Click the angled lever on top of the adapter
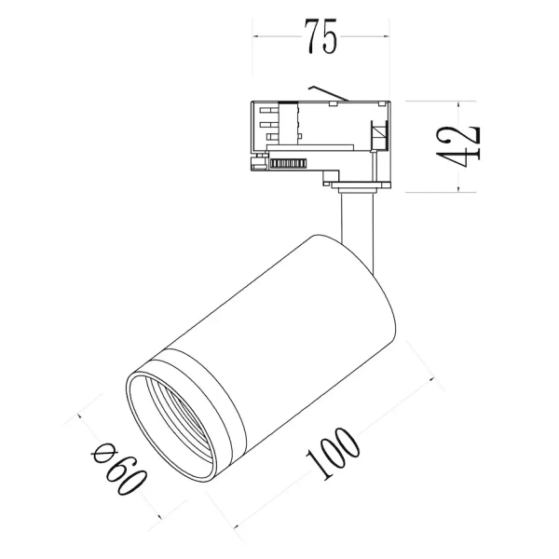330,92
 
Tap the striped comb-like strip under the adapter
291,164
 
